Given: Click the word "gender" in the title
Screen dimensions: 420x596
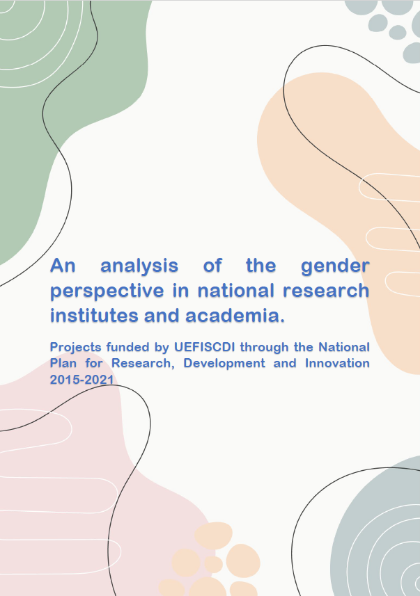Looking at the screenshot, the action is tap(335, 266).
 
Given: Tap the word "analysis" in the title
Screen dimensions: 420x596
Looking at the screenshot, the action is tap(139, 266).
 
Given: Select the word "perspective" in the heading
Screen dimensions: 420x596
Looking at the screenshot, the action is tap(107, 291).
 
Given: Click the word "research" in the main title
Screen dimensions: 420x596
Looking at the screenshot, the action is tap(327, 291).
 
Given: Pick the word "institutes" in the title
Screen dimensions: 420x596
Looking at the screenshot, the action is tap(93, 316).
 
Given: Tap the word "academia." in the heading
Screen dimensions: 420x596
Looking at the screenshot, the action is tap(235, 316).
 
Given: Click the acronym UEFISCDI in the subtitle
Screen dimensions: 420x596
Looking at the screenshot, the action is tap(205, 347).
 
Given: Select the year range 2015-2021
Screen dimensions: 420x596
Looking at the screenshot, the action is tap(82, 379).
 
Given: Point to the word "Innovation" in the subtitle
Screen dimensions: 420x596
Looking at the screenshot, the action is tap(337, 363).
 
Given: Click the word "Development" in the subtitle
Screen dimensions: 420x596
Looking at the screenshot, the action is tap(224, 364).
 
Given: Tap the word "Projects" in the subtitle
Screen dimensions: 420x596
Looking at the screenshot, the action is tap(76, 348).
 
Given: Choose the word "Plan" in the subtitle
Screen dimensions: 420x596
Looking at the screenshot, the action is tap(63, 363).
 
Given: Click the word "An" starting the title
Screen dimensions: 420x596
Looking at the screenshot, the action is tap(63, 265).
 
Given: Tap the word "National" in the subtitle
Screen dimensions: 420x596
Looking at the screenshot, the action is tap(344, 347).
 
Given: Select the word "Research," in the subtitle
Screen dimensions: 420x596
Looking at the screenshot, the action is tap(143, 364).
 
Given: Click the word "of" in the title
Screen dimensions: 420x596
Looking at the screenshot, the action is tap(212, 265).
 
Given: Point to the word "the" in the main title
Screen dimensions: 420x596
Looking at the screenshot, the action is tap(260, 265).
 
